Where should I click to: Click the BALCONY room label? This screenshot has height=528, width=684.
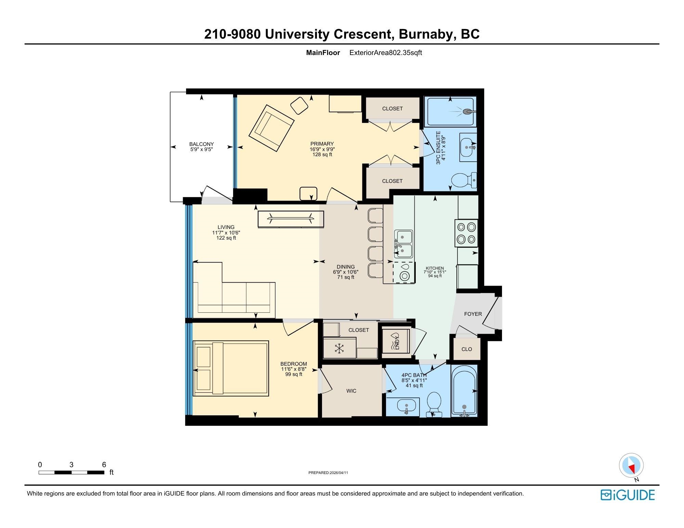202,144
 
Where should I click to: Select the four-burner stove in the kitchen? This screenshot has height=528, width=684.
466,233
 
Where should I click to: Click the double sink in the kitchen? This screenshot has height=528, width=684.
403,244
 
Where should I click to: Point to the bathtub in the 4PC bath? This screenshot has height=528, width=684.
464,391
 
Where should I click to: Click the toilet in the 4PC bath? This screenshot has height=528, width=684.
434,404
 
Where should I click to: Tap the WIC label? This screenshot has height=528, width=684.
351,391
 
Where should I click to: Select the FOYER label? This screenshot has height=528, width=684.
473,314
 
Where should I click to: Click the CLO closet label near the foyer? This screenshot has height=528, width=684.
467,349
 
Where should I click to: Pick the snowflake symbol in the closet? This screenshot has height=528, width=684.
339,349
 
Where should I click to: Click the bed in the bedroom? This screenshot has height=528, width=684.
231,368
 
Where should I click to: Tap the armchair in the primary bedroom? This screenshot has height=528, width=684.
272,128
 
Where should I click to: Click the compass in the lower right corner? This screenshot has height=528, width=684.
631,465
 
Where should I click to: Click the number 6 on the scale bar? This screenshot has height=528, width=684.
104,465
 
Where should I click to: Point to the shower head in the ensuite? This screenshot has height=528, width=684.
469,111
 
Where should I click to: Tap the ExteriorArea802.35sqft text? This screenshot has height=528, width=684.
386,53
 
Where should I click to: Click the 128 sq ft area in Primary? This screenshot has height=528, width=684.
322,154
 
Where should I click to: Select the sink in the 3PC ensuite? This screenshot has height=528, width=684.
467,147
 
